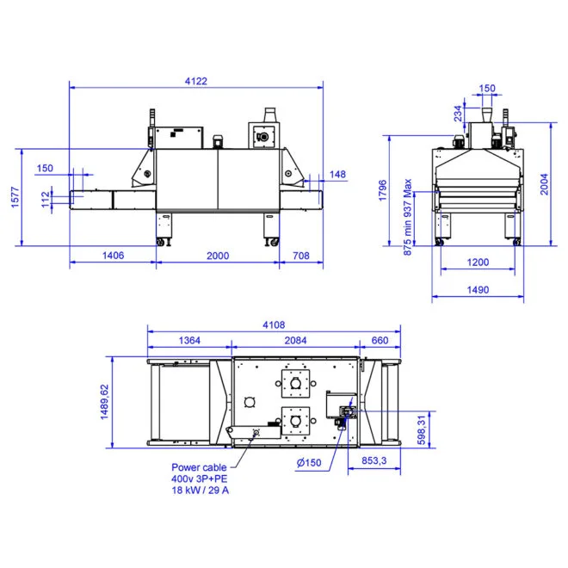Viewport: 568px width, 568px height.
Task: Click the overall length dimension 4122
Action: point(195,81)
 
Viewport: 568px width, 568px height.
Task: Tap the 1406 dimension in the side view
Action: point(114,256)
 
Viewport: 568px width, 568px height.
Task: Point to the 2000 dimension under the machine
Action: point(219,256)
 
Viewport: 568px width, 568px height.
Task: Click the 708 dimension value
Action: point(301,256)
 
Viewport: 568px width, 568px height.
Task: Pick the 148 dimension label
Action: point(337,175)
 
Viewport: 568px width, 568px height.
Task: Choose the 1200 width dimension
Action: point(478,262)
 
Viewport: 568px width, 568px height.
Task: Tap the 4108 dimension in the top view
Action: point(272,324)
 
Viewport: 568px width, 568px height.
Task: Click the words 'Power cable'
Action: point(200,467)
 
